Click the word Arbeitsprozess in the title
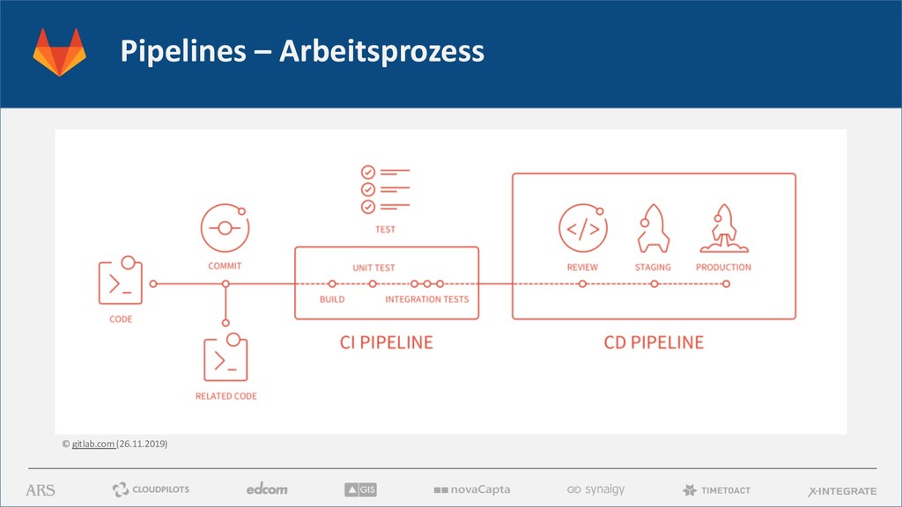(381, 52)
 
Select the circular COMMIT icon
(225, 229)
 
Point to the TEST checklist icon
(385, 190)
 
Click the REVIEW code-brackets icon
(582, 230)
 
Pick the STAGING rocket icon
(653, 229)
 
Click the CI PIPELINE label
(387, 342)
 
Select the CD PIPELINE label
(654, 342)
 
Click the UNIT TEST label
(373, 268)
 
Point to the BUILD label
(332, 299)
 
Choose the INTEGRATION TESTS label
(427, 299)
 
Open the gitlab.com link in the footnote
(92, 444)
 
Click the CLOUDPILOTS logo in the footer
(151, 489)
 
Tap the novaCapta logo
(471, 489)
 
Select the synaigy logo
(595, 489)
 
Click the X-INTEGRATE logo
(842, 490)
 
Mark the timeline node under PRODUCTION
(726, 283)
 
